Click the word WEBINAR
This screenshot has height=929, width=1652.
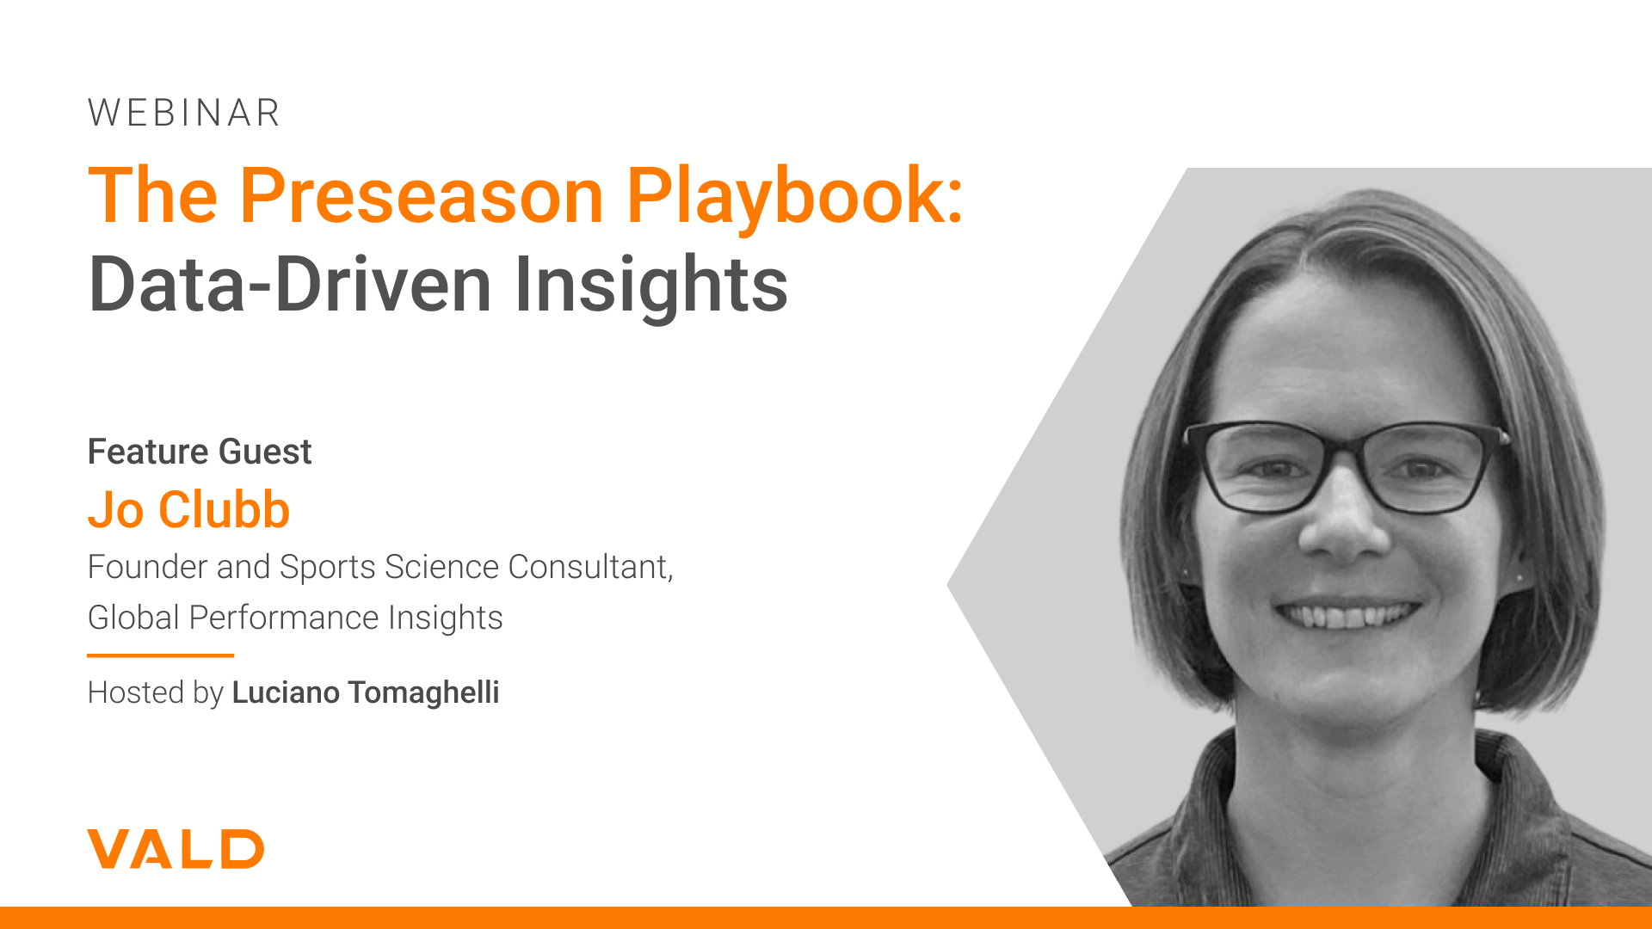click(x=184, y=113)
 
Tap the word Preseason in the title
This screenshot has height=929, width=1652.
click(x=422, y=196)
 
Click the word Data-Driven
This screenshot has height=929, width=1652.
click(x=290, y=284)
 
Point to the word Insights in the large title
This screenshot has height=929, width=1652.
click(x=650, y=287)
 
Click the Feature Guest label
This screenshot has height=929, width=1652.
click(x=200, y=452)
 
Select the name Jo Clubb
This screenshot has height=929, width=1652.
click(x=188, y=509)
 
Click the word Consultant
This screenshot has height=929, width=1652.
click(x=590, y=568)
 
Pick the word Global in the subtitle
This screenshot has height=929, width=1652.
click(x=133, y=618)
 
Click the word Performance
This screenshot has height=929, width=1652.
click(x=284, y=618)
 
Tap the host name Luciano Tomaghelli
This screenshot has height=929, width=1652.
click(x=366, y=692)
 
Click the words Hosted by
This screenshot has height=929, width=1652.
click(x=156, y=693)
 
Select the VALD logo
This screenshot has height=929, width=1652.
click(x=176, y=849)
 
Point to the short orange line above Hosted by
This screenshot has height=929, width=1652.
click(x=160, y=655)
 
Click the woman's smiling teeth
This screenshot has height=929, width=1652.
click(x=1347, y=614)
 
